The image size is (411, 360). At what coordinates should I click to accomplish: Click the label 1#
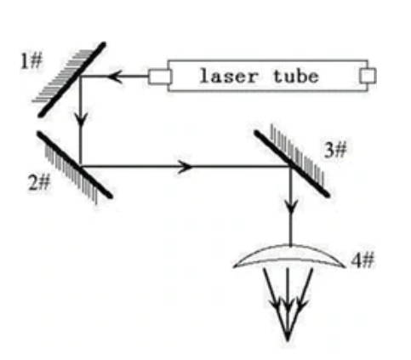pos(31,61)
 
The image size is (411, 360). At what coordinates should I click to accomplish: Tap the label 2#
pos(39,182)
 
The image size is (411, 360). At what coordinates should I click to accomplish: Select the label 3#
pos(335,150)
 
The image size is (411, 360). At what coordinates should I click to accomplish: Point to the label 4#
pos(362,260)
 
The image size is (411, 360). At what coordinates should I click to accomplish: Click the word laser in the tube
pos(229,76)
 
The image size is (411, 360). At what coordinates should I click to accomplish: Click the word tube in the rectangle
pos(296,76)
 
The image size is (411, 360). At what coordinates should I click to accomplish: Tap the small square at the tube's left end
pos(159,77)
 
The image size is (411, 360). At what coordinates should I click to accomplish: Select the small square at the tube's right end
pos(368,76)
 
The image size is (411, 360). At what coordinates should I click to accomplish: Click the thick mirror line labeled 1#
pos(72,79)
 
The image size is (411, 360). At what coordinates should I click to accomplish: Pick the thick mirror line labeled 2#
pos(75,164)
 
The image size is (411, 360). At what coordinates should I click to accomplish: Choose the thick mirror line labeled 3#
pos(292,163)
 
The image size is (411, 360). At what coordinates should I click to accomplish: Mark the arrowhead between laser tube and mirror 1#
pos(116,77)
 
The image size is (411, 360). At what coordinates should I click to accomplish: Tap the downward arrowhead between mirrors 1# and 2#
pos(81,119)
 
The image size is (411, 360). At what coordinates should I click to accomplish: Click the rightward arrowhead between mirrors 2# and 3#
pos(185,166)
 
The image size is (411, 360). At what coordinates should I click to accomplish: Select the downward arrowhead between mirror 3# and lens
pos(291,207)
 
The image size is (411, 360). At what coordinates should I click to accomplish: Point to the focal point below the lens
pos(288,338)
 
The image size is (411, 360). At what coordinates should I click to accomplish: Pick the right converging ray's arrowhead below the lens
pos(302,304)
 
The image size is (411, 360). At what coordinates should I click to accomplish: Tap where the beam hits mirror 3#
pos(291,165)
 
